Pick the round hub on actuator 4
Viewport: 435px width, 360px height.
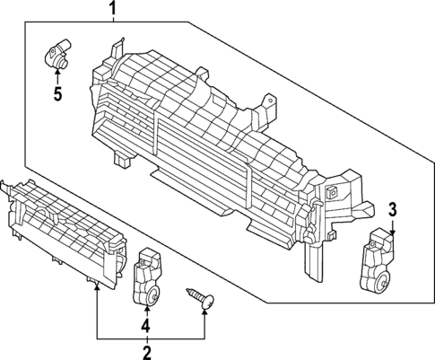tap(154, 297)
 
